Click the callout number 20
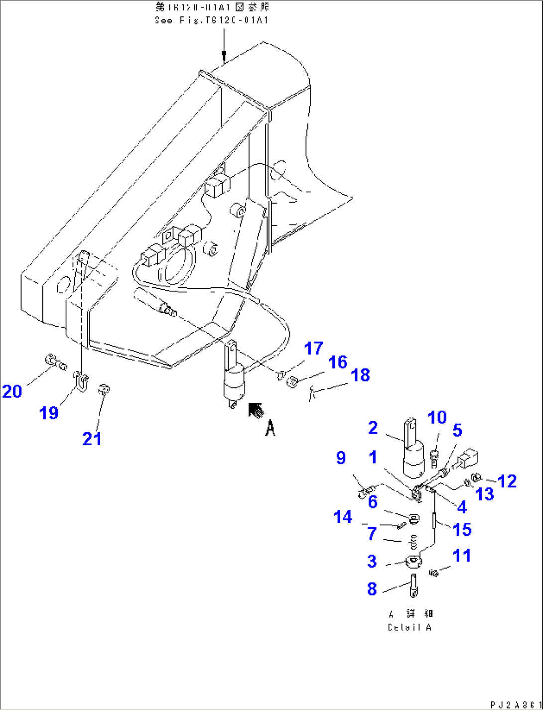pyautogui.click(x=12, y=391)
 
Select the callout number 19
pyautogui.click(x=49, y=413)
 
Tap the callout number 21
pyautogui.click(x=92, y=439)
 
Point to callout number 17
pyautogui.click(x=313, y=349)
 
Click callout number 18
pyautogui.click(x=360, y=375)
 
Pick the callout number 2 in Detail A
pyautogui.click(x=373, y=428)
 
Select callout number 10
pyautogui.click(x=437, y=418)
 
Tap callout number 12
pyautogui.click(x=507, y=481)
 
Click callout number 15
pyautogui.click(x=462, y=529)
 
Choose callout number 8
pyautogui.click(x=372, y=589)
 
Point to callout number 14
pyautogui.click(x=343, y=517)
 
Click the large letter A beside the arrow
pyautogui.click(x=270, y=428)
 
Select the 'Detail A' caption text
pyautogui.click(x=409, y=627)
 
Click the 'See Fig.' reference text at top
pyautogui.click(x=212, y=20)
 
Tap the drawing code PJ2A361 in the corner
pyautogui.click(x=515, y=705)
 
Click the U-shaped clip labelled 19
pyautogui.click(x=81, y=381)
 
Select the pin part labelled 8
pyautogui.click(x=413, y=586)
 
